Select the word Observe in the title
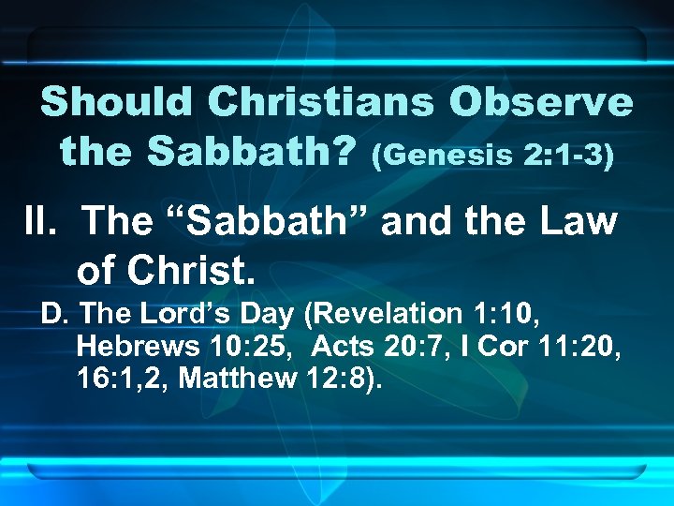(x=542, y=102)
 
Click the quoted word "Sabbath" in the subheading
(x=227, y=222)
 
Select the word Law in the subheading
(x=580, y=222)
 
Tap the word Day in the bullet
(x=245, y=314)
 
